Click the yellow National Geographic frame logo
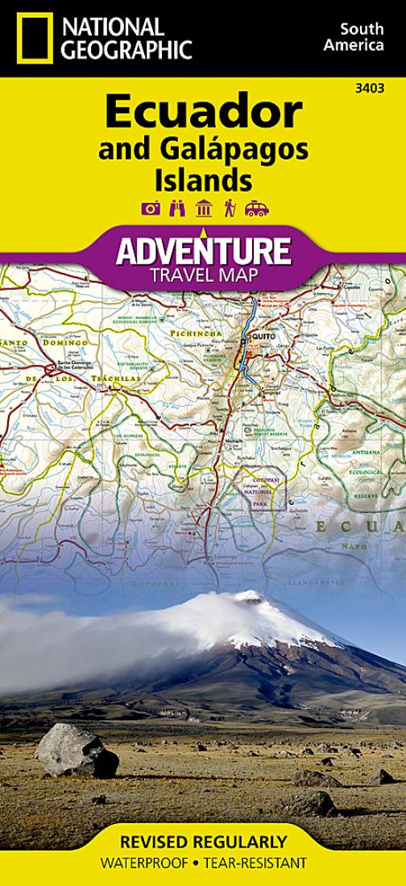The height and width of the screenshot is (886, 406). pos(35,38)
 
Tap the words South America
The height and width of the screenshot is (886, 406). pos(354,37)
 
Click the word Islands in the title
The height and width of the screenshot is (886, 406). pos(204,179)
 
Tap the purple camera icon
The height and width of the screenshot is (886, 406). pos(151,209)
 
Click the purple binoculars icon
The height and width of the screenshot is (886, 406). pos(177,209)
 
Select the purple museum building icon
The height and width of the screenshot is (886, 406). pos(203,209)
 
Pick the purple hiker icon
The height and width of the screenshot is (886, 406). pos(230,209)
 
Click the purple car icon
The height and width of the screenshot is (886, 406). pos(256,209)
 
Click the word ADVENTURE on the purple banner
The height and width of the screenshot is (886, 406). pos(203,251)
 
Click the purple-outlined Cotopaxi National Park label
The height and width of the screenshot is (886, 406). pos(259,486)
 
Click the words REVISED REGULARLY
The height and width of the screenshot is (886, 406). pos(203,843)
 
